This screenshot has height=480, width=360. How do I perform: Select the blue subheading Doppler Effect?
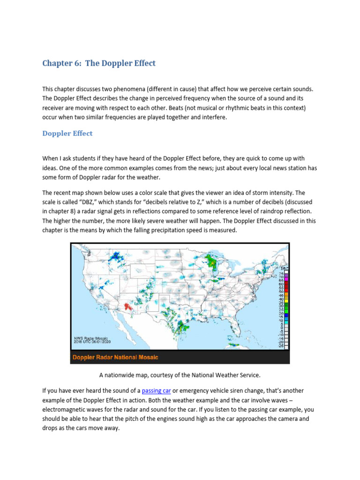tap(67, 134)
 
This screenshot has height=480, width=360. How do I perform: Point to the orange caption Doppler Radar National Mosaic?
tap(115, 357)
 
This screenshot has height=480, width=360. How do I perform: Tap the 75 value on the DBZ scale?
tap(281, 273)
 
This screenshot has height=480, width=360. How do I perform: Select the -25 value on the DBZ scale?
tap(281, 346)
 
